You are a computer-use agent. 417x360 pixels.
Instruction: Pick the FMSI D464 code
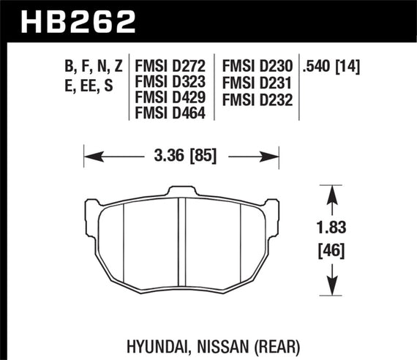169,113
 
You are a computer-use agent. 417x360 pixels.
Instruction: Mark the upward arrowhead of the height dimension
334,192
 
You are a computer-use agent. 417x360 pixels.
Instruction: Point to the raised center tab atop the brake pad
182,192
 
